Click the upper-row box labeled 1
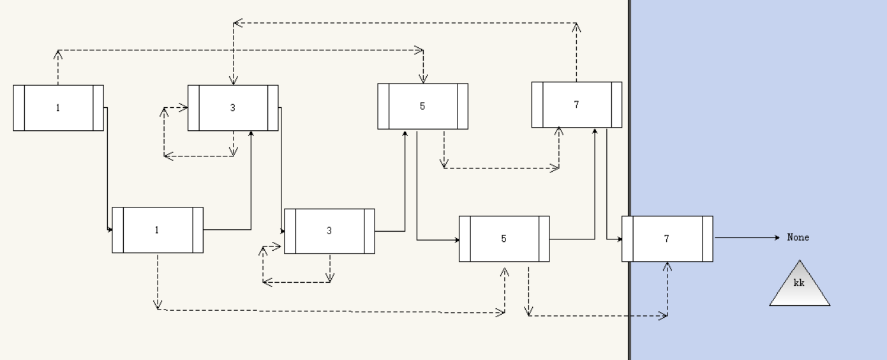pyautogui.click(x=58, y=108)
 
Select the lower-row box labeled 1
pyautogui.click(x=158, y=230)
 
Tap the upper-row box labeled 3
pyautogui.click(x=233, y=108)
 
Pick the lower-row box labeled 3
pyautogui.click(x=329, y=231)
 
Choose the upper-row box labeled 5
pyautogui.click(x=422, y=106)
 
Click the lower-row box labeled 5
pyautogui.click(x=504, y=239)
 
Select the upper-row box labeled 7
pyautogui.click(x=577, y=105)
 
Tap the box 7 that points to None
pyautogui.click(x=667, y=239)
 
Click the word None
pyautogui.click(x=798, y=237)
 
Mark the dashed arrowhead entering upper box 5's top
pyautogui.click(x=422, y=79)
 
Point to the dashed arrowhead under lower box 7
pyautogui.click(x=667, y=266)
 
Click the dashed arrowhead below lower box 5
pyautogui.click(x=504, y=271)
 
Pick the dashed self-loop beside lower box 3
pyautogui.click(x=263, y=264)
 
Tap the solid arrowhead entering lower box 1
pyautogui.click(x=110, y=229)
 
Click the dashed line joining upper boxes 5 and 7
pyautogui.click(x=501, y=168)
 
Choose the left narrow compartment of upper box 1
pyautogui.click(x=19, y=108)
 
